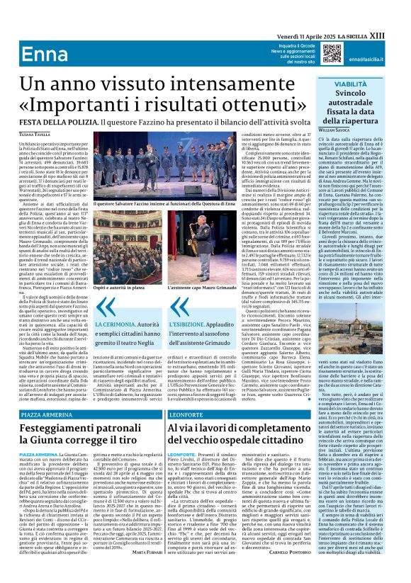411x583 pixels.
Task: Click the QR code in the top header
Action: point(332,54)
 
